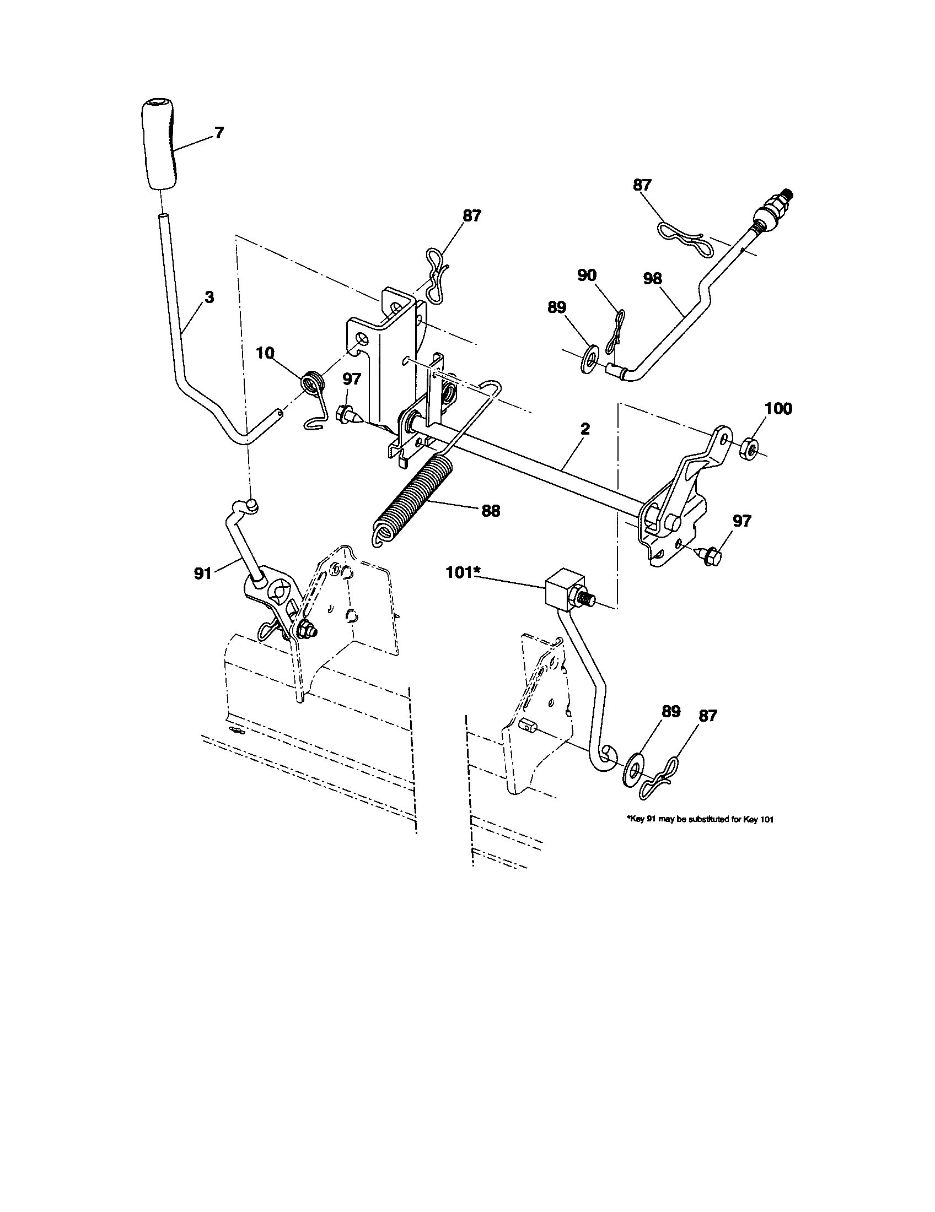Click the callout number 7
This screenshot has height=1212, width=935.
(219, 133)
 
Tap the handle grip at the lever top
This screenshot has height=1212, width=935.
(161, 144)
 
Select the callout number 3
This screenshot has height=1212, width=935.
(209, 297)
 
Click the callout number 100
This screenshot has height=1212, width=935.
(778, 409)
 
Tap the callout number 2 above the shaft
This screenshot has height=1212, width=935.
(585, 429)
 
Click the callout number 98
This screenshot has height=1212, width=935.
(653, 278)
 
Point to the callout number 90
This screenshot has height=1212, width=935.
(587, 275)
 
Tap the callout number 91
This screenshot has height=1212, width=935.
(203, 573)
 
